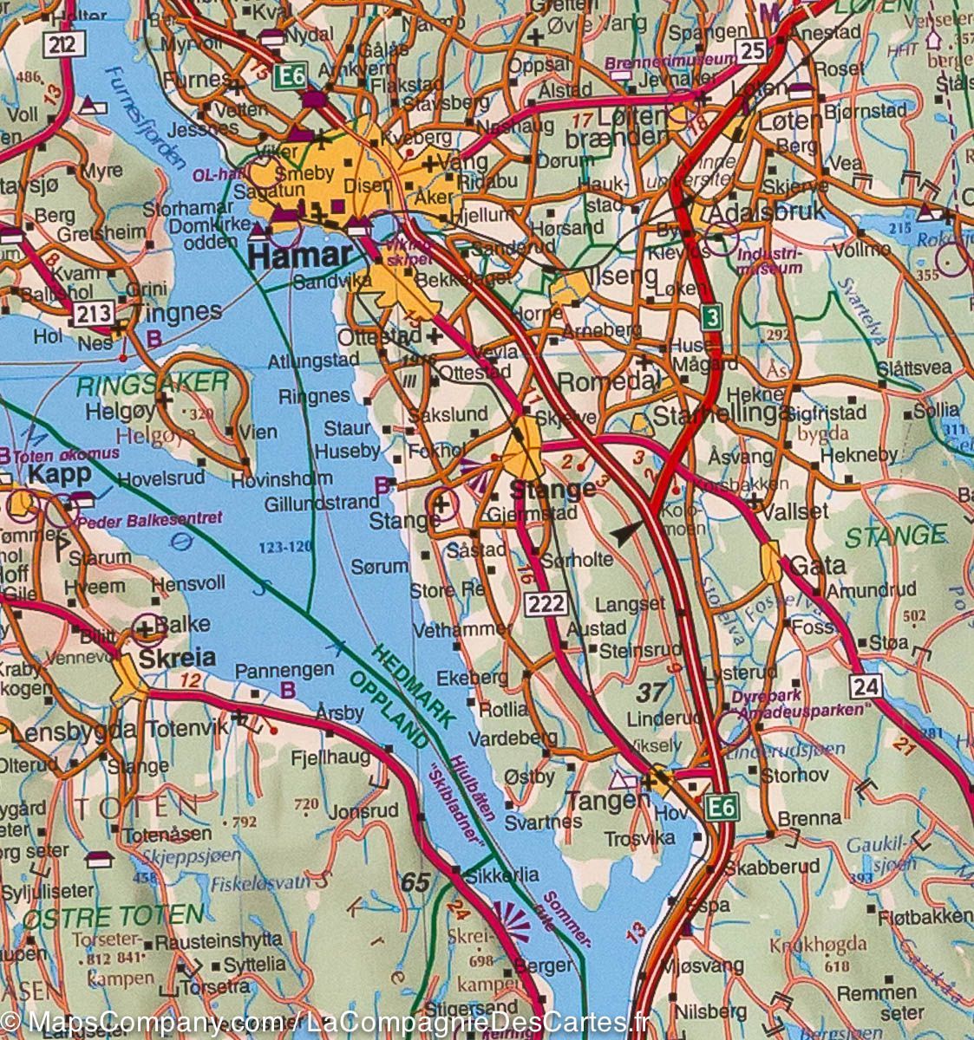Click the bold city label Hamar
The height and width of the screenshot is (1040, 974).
point(300,256)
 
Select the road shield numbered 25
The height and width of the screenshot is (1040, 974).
point(754,52)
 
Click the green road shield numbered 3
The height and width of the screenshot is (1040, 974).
point(712,319)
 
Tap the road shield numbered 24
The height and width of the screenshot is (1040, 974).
point(865,686)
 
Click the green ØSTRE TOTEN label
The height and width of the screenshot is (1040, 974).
point(113,915)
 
